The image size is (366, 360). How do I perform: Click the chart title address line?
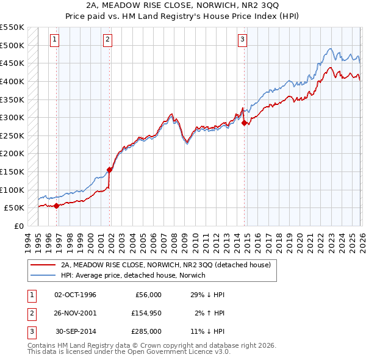point(182,5)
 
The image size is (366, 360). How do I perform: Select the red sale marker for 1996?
point(57,206)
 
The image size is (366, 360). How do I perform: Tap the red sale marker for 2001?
point(110,170)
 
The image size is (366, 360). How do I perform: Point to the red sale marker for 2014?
point(245,123)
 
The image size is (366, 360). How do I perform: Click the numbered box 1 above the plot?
point(54,40)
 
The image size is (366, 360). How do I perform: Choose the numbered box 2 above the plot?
point(107,40)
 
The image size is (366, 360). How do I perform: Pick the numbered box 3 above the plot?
point(242,40)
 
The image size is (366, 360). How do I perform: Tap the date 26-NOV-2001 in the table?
point(75,313)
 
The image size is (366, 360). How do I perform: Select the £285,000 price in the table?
point(146,331)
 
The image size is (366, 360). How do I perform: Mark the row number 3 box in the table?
point(30,331)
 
